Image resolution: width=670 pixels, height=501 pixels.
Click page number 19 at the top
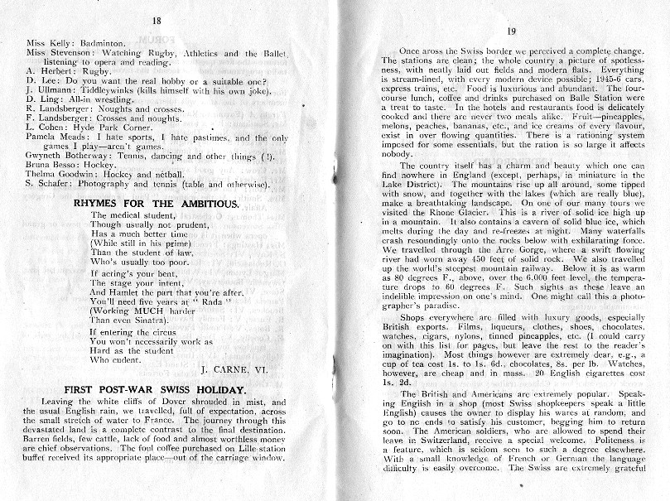(511, 31)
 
